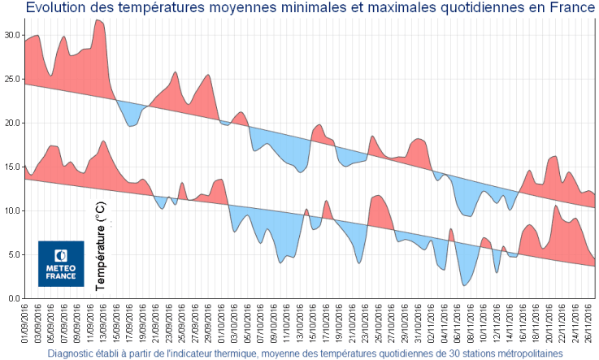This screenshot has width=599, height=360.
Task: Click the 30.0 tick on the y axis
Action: (x=12, y=35)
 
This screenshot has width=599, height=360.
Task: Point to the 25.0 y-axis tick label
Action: (x=12, y=79)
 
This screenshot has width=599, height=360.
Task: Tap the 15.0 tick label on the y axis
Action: (x=12, y=167)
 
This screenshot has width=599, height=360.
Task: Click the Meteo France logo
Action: (x=61, y=263)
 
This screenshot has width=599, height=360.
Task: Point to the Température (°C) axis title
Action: (x=101, y=247)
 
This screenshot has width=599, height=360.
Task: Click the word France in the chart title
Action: (x=570, y=8)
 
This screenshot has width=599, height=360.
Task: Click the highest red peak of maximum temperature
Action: (x=98, y=20)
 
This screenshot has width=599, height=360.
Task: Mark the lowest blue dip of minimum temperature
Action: (x=463, y=284)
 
